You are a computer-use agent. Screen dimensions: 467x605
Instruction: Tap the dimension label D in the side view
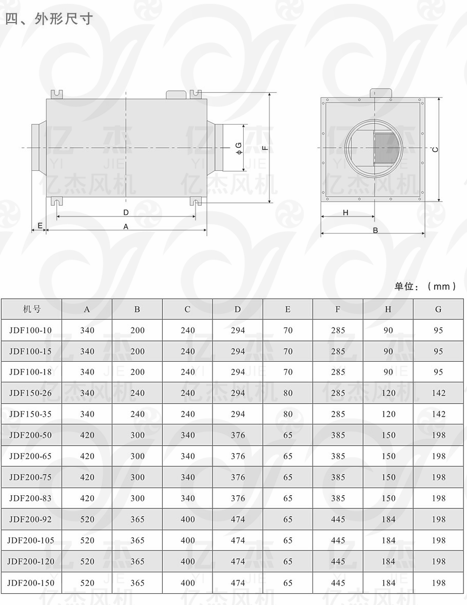click(126, 212)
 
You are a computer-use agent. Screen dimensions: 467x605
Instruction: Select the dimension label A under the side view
click(126, 227)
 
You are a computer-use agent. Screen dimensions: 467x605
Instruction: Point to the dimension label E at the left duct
click(40, 226)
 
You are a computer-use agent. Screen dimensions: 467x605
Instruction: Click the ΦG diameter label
click(239, 148)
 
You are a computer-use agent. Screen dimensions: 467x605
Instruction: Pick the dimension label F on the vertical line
click(265, 147)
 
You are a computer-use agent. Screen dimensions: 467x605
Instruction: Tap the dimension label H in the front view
click(345, 212)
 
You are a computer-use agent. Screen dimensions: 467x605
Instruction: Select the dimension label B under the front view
click(375, 230)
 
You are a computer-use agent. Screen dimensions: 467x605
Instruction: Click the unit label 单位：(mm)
click(425, 286)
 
